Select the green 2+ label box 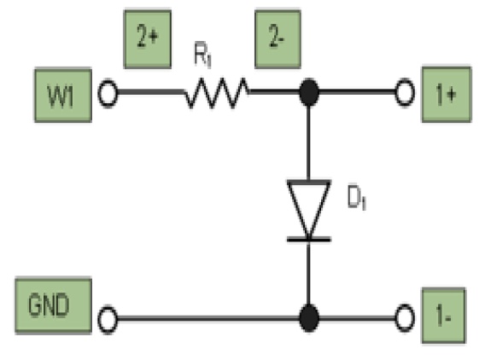(146, 38)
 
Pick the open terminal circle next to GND (108, 322)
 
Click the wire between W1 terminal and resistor (149, 92)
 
